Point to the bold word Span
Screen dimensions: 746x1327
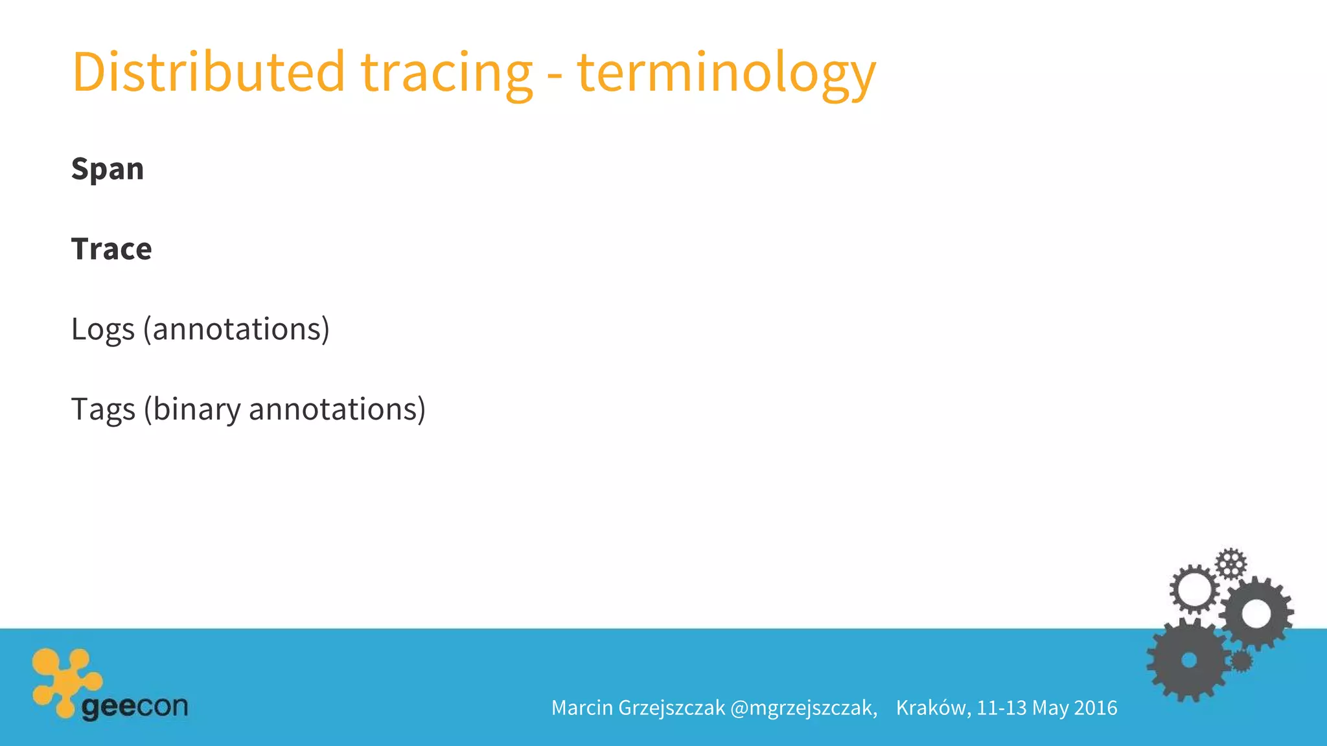[x=108, y=170]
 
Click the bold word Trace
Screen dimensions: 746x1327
[x=111, y=249]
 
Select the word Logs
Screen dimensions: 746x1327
[x=102, y=330]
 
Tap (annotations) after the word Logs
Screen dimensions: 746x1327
[x=237, y=330]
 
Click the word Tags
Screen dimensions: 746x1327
[x=103, y=410]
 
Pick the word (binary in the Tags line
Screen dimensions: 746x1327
[x=192, y=410]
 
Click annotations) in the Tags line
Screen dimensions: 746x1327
[x=337, y=410]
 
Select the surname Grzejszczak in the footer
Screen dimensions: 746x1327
[x=671, y=708]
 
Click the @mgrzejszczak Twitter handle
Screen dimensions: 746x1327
[x=803, y=708]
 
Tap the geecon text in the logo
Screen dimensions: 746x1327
[x=135, y=706]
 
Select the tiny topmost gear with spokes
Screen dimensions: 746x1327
[x=1230, y=563]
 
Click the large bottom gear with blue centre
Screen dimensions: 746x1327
[x=1188, y=660]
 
